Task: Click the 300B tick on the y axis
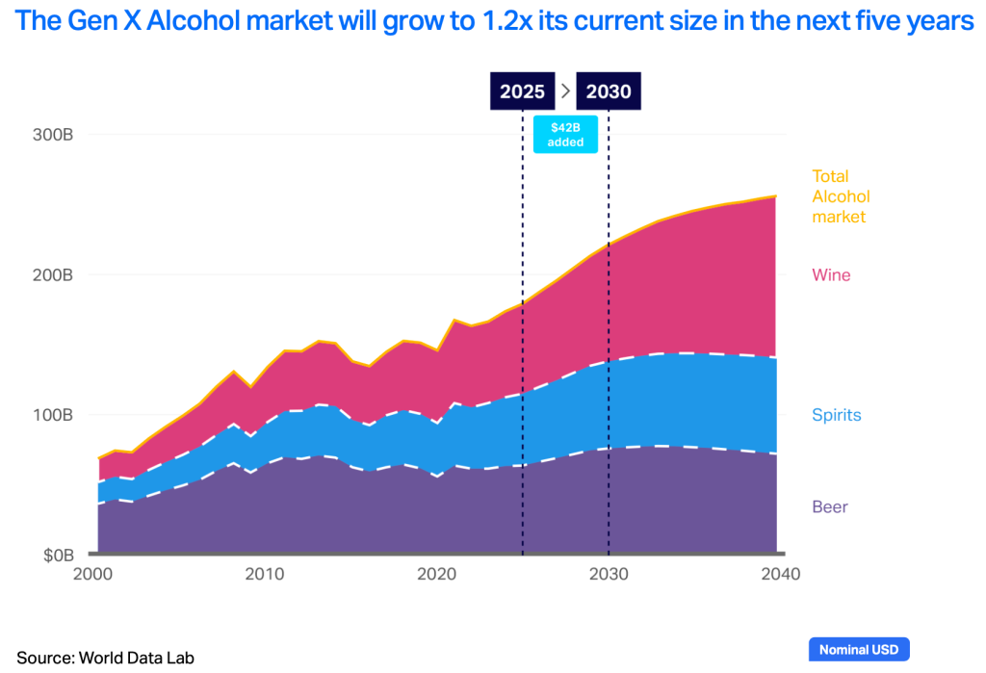pyautogui.click(x=55, y=135)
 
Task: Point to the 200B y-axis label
pyautogui.click(x=55, y=275)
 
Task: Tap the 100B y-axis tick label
pyautogui.click(x=55, y=416)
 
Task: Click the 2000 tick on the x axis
pyautogui.click(x=93, y=575)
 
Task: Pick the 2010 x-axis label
pyautogui.click(x=265, y=575)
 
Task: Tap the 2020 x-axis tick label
pyautogui.click(x=436, y=575)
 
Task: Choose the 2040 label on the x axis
pyautogui.click(x=778, y=575)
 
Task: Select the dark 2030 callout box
pyautogui.click(x=609, y=91)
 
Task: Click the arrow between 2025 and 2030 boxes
pyautogui.click(x=566, y=91)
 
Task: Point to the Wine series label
pyautogui.click(x=831, y=275)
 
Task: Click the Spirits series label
pyautogui.click(x=836, y=416)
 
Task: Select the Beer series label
pyautogui.click(x=830, y=506)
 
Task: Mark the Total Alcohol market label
pyautogui.click(x=839, y=196)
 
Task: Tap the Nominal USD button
pyautogui.click(x=859, y=650)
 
